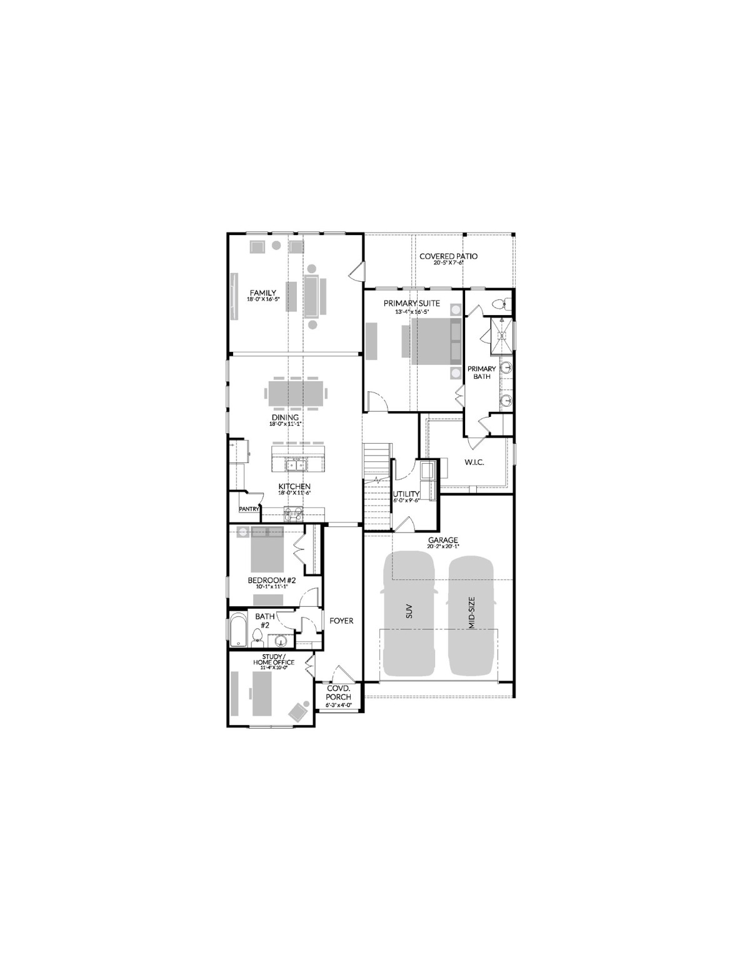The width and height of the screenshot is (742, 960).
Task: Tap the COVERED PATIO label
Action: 448,256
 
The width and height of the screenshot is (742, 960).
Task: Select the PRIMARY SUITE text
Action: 412,304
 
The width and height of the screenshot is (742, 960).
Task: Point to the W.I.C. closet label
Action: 475,462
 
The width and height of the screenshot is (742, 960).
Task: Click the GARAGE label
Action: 443,541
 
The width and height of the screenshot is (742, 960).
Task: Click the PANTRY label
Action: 249,509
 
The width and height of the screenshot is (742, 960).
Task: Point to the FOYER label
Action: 341,621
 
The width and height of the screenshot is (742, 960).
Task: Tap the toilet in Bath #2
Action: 257,637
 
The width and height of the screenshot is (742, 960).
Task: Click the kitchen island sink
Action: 294,464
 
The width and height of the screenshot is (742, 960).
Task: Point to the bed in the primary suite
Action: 435,341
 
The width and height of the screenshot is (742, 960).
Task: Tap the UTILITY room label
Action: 406,494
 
